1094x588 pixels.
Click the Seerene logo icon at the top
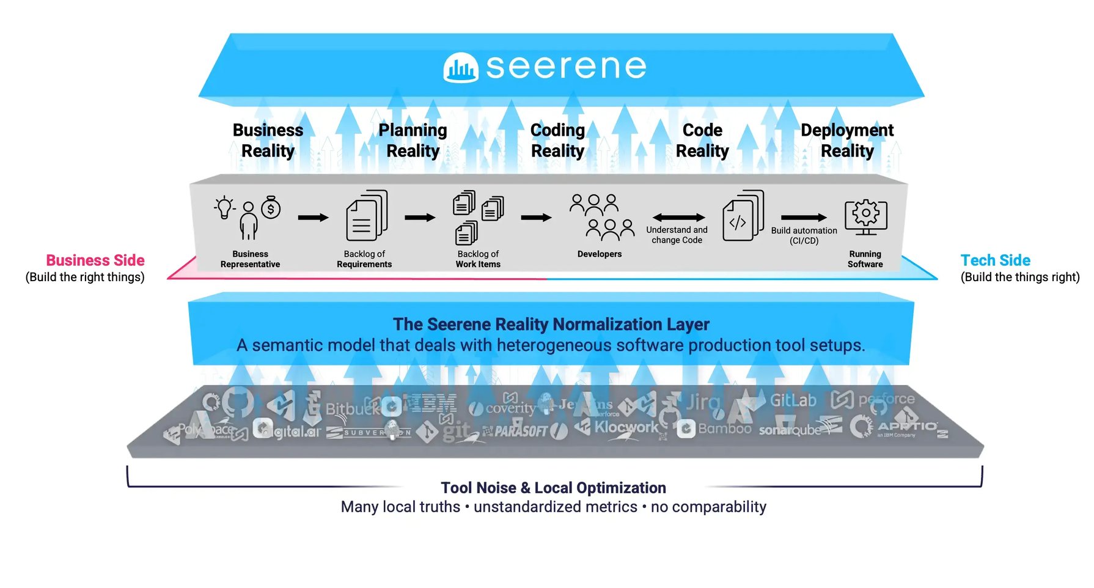coord(460,68)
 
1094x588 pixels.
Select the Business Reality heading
coord(268,141)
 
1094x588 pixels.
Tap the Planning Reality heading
coord(413,141)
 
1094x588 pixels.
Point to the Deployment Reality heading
coord(846,141)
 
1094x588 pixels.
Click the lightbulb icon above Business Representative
coord(224,207)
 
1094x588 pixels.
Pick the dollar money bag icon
coord(271,208)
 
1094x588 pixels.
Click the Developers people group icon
coord(601,218)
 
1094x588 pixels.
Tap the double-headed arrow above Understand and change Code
coord(678,218)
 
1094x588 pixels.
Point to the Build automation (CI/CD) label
coord(804,235)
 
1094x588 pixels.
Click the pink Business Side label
coord(95,260)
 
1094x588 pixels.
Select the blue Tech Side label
coord(995,260)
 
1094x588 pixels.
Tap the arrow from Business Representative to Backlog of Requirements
coord(313,218)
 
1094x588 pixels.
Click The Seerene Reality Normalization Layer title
coord(551,324)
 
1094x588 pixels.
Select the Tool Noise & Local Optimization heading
coord(553,488)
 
